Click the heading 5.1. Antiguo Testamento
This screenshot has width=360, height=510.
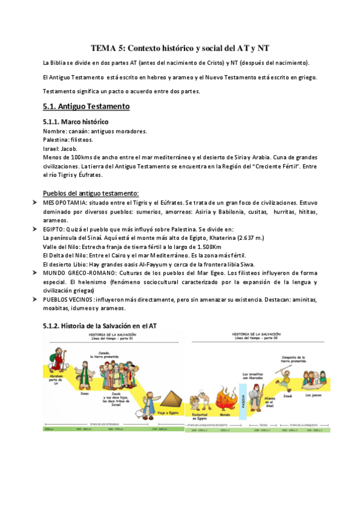pyautogui.click(x=86, y=106)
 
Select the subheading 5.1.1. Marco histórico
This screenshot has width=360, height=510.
pyautogui.click(x=76, y=122)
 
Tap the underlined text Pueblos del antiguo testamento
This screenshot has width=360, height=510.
pyautogui.click(x=91, y=193)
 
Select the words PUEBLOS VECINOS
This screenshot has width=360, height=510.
pyautogui.click(x=67, y=299)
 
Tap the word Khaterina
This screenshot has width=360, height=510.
pyautogui.click(x=223, y=238)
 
